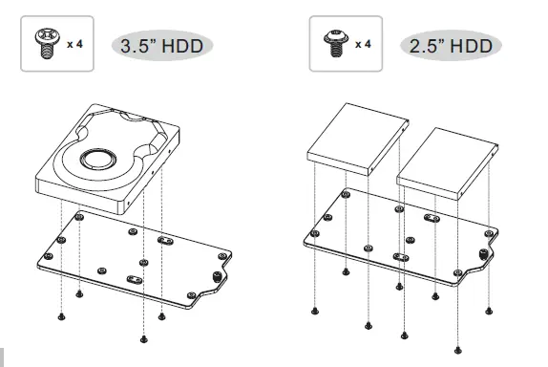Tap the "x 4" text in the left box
74,44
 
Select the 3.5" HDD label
162,46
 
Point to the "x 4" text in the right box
364,44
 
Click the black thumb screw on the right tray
479,256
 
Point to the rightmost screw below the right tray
489,310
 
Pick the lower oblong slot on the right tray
403,256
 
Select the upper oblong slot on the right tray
431,219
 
